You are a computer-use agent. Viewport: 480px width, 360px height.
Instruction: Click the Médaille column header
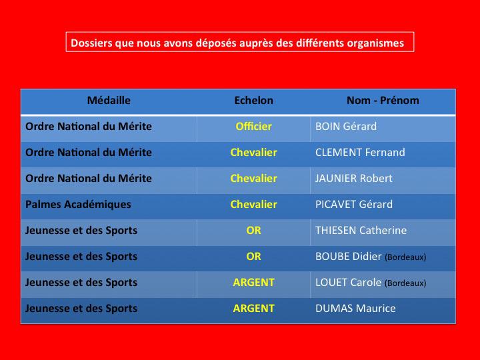[x=109, y=101]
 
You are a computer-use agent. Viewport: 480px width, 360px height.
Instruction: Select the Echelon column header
[x=253, y=101]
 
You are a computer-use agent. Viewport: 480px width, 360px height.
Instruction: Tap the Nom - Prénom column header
[x=383, y=101]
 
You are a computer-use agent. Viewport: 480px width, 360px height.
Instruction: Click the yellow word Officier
[x=253, y=127]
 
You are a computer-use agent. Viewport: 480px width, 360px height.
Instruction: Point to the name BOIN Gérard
[x=346, y=127]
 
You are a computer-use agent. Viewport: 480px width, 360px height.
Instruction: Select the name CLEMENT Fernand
[x=360, y=153]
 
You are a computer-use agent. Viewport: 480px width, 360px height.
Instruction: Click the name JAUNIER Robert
[x=353, y=179]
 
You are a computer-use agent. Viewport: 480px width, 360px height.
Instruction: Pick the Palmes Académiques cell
[x=78, y=205]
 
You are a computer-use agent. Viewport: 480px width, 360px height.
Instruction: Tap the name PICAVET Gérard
[x=354, y=205]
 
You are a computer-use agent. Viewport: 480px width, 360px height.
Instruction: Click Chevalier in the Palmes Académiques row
[x=253, y=205]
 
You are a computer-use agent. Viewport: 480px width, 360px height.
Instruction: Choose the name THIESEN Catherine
[x=361, y=231]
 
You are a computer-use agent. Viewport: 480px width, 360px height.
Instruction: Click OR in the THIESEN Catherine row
[x=253, y=231]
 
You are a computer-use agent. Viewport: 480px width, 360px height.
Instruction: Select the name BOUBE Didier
[x=349, y=257]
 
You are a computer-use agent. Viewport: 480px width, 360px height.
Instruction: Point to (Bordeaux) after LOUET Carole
[x=405, y=283]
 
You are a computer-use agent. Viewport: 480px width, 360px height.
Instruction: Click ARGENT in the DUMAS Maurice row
[x=253, y=309]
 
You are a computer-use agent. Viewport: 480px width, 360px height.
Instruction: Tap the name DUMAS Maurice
[x=355, y=309]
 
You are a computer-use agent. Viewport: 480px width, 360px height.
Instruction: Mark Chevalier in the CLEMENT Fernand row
[x=253, y=153]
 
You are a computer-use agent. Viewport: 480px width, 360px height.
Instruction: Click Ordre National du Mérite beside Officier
[x=89, y=127]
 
